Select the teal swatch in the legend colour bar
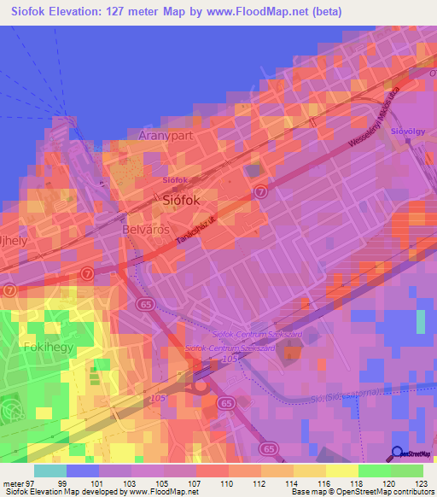pyautogui.click(x=50, y=471)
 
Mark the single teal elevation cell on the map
pyautogui.click(x=420, y=322)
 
